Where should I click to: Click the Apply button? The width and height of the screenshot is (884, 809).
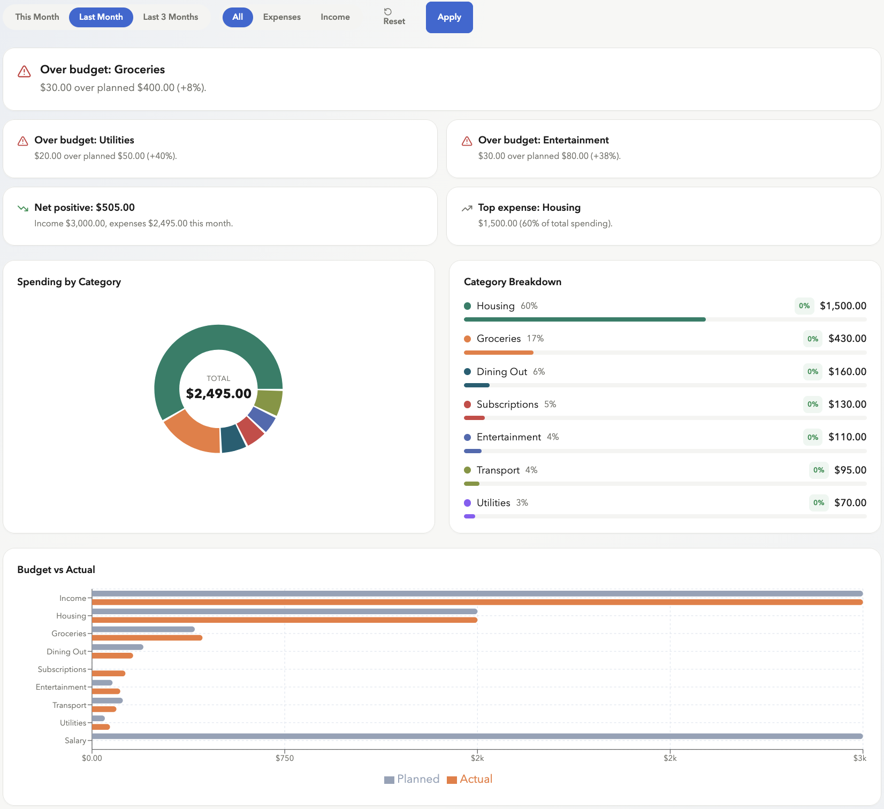coord(449,17)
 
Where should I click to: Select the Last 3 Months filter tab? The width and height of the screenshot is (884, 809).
coord(170,17)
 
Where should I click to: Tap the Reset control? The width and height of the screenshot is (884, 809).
coord(394,17)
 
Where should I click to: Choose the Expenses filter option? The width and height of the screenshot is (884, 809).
coord(281,17)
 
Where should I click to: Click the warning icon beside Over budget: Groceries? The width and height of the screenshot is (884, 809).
coord(24,72)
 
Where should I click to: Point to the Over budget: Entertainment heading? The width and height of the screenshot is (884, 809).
coord(543,140)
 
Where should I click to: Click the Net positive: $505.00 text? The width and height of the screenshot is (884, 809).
coord(85,208)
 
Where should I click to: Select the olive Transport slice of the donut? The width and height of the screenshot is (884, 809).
coord(269,402)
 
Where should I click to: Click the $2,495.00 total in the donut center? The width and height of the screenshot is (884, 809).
coord(218,394)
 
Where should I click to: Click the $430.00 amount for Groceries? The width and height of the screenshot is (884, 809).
coord(847,339)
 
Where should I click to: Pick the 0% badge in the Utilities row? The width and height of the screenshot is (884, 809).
coord(818,503)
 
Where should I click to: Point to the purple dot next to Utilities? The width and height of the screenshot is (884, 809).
coord(467,503)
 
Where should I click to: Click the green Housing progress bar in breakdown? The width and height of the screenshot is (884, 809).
coord(584,319)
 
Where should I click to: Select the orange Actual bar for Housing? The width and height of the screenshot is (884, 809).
coord(284,620)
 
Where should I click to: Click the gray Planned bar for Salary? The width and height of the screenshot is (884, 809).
coord(476,736)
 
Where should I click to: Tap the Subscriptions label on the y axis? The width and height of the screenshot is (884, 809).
coord(62,669)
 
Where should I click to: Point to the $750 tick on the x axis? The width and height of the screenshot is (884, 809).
coord(284,758)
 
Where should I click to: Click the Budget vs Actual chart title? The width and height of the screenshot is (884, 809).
coord(56,570)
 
